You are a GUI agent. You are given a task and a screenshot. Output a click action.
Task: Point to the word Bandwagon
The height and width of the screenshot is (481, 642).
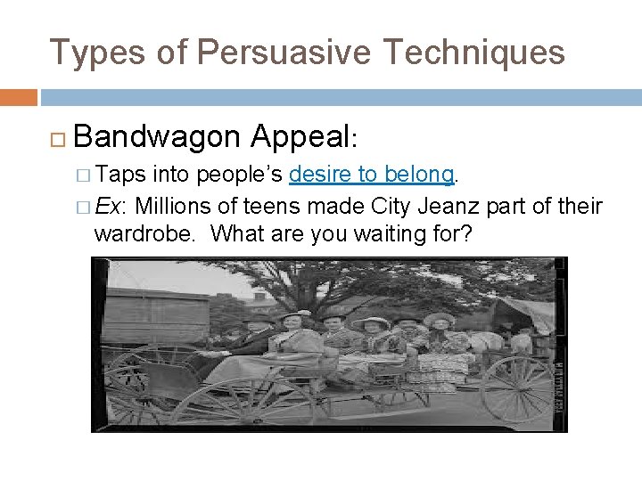click(157, 136)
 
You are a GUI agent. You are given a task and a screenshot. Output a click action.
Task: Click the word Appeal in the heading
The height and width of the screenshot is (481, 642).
click(300, 136)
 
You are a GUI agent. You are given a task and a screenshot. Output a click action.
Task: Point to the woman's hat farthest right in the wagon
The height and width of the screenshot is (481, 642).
click(439, 319)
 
